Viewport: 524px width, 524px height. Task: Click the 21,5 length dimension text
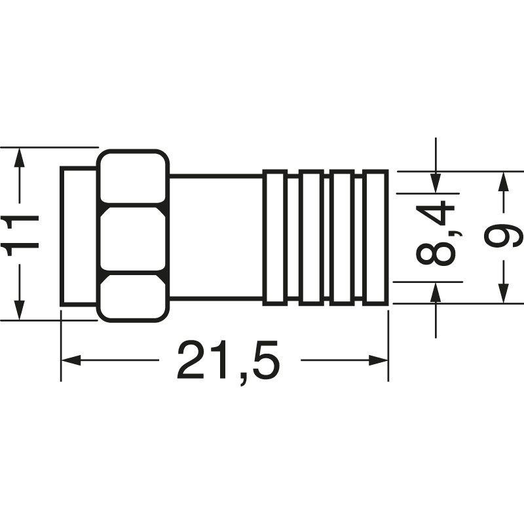[227, 363]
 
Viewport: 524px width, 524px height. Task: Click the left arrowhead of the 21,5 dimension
[71, 360]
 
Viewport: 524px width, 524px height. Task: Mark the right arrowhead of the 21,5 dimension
[378, 360]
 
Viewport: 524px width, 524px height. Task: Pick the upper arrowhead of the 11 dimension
[20, 158]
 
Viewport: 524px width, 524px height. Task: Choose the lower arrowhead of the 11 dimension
[20, 310]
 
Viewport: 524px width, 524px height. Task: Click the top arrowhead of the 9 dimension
[503, 181]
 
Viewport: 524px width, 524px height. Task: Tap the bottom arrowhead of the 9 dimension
[503, 293]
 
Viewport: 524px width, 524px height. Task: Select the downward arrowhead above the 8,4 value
[436, 183]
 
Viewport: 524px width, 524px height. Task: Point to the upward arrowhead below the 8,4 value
[436, 292]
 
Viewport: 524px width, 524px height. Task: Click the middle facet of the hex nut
[133, 238]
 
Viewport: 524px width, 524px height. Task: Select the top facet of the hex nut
[133, 177]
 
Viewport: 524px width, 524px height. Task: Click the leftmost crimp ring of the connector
[275, 238]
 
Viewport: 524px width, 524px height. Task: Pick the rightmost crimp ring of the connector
[375, 238]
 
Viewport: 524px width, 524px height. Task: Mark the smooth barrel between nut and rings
[216, 236]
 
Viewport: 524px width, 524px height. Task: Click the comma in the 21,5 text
[243, 379]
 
